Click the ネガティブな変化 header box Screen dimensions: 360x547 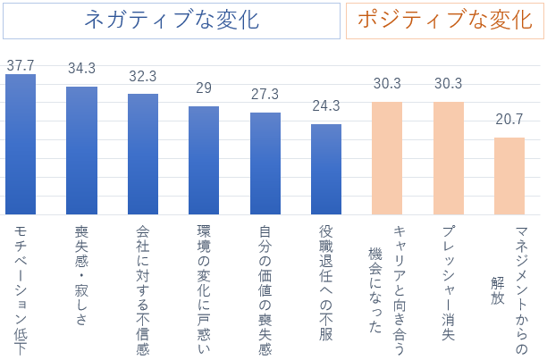[x=172, y=21]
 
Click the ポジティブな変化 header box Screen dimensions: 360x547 [x=444, y=21]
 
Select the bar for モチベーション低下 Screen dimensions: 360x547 [x=21, y=144]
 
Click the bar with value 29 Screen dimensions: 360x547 [x=204, y=160]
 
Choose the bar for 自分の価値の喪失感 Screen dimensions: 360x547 [x=265, y=163]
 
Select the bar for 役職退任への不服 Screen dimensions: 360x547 [x=326, y=169]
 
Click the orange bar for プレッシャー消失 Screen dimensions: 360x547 [x=449, y=158]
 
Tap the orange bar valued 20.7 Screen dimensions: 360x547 [x=509, y=176]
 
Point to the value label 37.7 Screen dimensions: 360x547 [x=21, y=65]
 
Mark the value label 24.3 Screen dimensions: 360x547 [x=326, y=105]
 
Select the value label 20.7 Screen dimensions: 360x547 [x=509, y=119]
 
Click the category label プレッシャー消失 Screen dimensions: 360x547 [x=449, y=281]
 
